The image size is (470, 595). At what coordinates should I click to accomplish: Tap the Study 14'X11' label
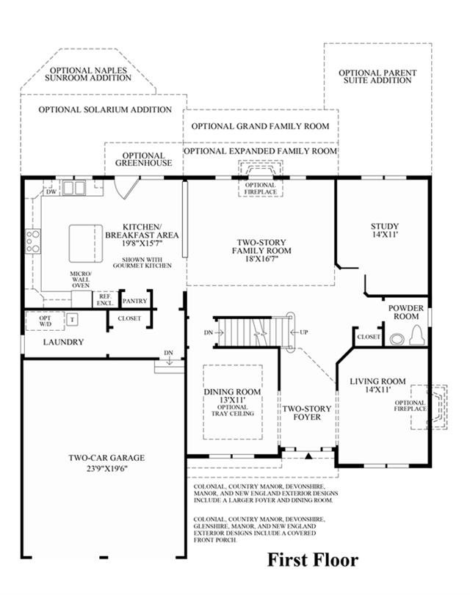(x=385, y=230)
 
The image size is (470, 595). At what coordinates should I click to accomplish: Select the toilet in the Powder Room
(x=417, y=335)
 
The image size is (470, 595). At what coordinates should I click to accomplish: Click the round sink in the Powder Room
(x=397, y=339)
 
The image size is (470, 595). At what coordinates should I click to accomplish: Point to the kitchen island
(x=86, y=244)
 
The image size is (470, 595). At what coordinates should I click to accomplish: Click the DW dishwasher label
(x=51, y=192)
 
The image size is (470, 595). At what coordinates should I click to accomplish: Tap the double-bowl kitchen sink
(x=74, y=188)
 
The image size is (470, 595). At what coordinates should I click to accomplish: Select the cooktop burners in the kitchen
(x=33, y=241)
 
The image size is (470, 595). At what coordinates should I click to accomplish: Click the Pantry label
(x=134, y=301)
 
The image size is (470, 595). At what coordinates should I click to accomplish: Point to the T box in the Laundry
(x=72, y=319)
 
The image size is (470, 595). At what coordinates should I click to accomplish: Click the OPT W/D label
(x=46, y=321)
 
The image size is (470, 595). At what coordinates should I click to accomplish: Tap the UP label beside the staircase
(x=303, y=332)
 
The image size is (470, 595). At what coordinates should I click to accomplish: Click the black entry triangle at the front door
(x=308, y=456)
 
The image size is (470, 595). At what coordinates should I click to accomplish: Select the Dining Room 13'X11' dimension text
(x=232, y=400)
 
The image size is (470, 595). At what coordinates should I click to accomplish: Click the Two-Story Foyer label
(x=307, y=413)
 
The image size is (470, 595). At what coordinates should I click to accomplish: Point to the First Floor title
(x=313, y=560)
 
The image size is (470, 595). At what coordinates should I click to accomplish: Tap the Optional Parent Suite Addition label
(x=377, y=76)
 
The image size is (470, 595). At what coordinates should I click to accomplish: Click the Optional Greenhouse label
(x=144, y=159)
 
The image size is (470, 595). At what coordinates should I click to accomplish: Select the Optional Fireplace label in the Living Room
(x=410, y=406)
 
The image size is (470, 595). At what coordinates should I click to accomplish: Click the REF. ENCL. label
(x=105, y=300)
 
